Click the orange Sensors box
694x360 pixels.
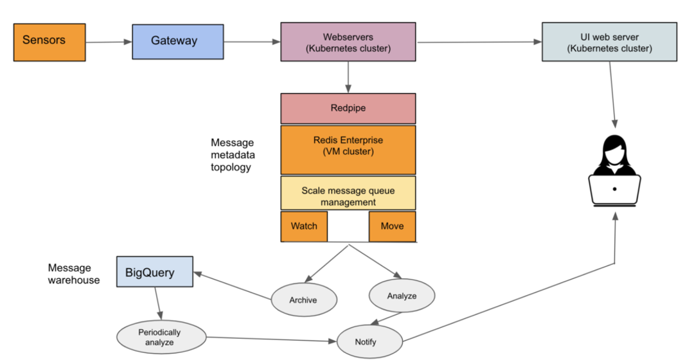[49, 42]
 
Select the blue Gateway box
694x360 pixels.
[174, 42]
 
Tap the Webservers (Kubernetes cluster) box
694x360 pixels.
[348, 42]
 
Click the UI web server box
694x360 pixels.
[609, 42]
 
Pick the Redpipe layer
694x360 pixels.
[348, 109]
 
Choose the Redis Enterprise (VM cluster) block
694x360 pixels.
[348, 150]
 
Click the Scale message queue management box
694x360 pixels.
[348, 196]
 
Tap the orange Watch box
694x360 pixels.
[304, 226]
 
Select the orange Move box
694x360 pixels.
[392, 226]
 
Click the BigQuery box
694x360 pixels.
[154, 272]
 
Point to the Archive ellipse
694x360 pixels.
[303, 300]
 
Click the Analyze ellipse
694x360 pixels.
[402, 296]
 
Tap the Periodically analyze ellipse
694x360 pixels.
[160, 337]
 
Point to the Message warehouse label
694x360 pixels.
[74, 274]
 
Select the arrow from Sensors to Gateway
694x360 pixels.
[108, 43]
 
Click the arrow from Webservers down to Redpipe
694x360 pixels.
[348, 76]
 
